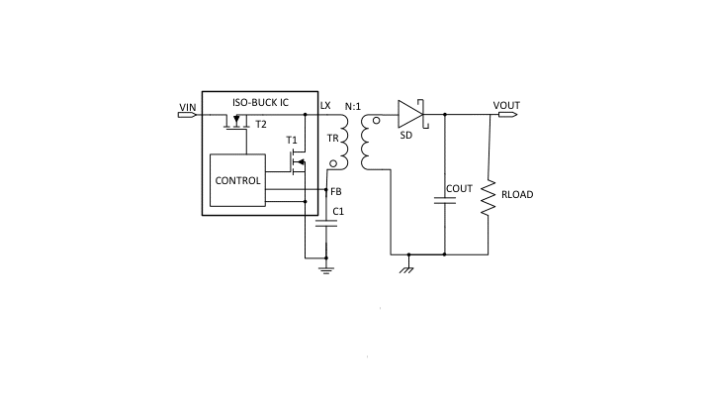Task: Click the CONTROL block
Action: tap(237, 181)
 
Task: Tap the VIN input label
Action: tap(188, 107)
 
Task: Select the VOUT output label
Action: tap(506, 106)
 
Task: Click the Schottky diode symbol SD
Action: tap(409, 115)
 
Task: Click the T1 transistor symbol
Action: tap(297, 162)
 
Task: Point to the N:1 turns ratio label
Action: tap(353, 106)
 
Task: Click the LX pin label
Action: tap(325, 105)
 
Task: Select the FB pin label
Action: tap(336, 191)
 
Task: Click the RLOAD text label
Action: tap(517, 195)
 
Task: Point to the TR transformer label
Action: tap(332, 138)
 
